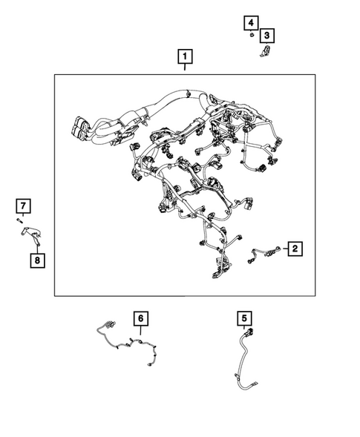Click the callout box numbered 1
point(185,56)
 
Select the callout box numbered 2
point(295,249)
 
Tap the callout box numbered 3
point(267,36)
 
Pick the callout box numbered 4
point(251,22)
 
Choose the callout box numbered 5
point(244,318)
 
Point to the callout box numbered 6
point(141,318)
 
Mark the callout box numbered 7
point(23,206)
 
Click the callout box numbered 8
point(37,260)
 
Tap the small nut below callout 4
point(252,35)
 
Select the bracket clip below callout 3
point(266,51)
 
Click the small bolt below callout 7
point(19,220)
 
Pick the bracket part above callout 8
point(31,234)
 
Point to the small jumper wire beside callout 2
point(264,253)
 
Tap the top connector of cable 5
point(249,332)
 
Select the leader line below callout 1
point(185,68)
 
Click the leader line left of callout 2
point(285,249)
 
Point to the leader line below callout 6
point(141,330)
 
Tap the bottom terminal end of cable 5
point(255,384)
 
